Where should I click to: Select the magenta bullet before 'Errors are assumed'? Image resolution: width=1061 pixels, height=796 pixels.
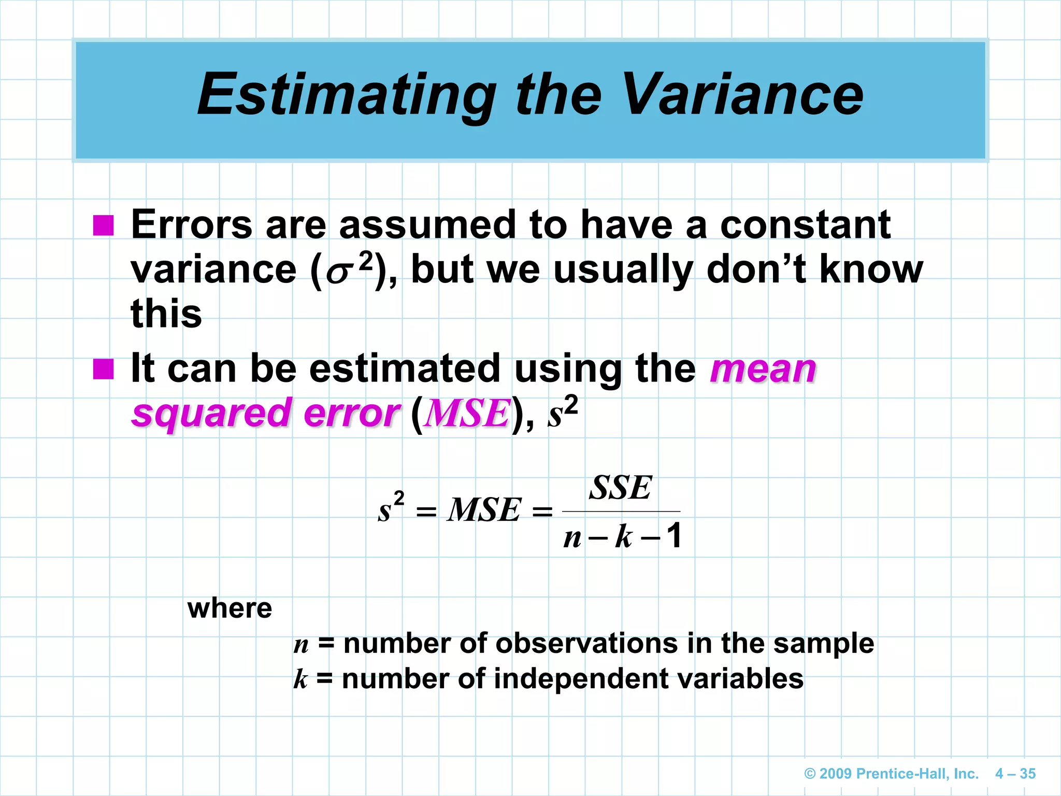click(x=103, y=225)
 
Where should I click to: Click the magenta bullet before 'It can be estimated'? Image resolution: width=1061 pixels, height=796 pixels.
click(x=103, y=369)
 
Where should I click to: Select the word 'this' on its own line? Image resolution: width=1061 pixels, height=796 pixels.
click(x=166, y=314)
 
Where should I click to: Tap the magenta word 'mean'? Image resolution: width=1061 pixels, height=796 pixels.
click(x=763, y=369)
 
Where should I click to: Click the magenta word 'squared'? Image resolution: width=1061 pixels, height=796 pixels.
click(x=211, y=413)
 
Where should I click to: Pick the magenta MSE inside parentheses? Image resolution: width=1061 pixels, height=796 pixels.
click(x=466, y=414)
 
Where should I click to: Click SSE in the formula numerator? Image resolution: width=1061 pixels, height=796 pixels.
click(x=620, y=488)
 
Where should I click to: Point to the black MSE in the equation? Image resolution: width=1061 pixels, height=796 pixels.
click(x=484, y=510)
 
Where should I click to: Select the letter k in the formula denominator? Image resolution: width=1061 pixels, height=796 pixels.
click(x=623, y=536)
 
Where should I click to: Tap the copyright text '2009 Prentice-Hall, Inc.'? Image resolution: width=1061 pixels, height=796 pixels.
click(x=891, y=774)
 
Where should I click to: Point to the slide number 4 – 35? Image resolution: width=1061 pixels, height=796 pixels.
click(x=1015, y=774)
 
